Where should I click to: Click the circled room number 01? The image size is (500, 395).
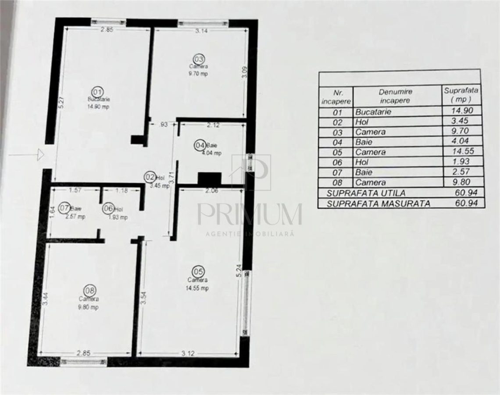(x=97, y=92)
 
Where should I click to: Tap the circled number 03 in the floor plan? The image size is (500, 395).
(x=199, y=58)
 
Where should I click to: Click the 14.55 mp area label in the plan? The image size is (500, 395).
(x=198, y=288)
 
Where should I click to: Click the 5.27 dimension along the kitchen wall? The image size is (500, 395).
(x=62, y=102)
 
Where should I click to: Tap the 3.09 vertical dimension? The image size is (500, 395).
(x=245, y=72)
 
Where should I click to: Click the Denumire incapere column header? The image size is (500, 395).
(x=396, y=96)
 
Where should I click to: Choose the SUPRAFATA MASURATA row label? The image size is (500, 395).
(x=378, y=203)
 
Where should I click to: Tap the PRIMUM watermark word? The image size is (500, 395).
(x=249, y=215)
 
